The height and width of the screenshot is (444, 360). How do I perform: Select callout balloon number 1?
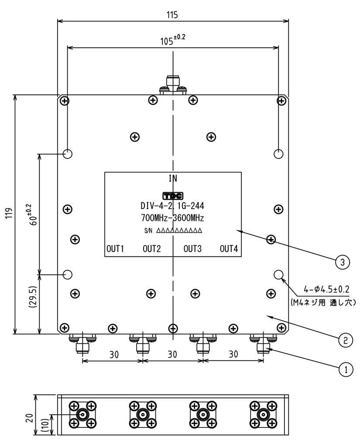click(x=345, y=369)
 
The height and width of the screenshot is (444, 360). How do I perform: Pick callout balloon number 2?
click(x=345, y=339)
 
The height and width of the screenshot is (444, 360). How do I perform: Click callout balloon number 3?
click(x=343, y=262)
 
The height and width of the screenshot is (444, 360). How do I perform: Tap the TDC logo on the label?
click(x=173, y=196)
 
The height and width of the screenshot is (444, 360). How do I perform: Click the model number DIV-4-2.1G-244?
click(x=173, y=206)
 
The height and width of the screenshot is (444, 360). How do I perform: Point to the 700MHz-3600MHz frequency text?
click(x=173, y=217)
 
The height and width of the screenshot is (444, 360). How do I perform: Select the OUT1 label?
click(x=116, y=249)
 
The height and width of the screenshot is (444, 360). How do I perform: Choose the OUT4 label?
click(x=229, y=249)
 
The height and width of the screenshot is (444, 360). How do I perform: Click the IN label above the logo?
click(x=173, y=178)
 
